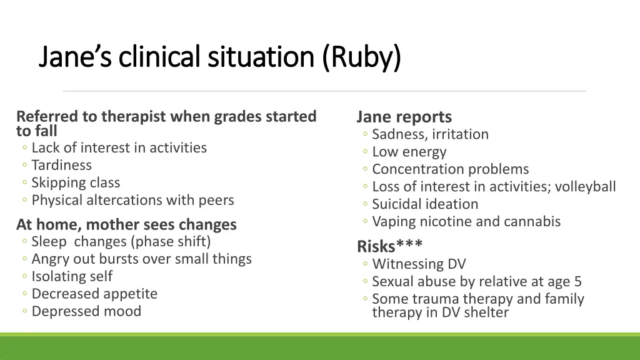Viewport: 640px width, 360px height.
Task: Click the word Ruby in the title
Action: click(363, 57)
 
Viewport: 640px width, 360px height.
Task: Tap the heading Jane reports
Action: click(404, 117)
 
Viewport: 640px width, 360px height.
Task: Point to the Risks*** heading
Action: click(389, 246)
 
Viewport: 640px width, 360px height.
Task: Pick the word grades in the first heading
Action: click(235, 116)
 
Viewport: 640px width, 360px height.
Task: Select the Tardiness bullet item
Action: click(61, 166)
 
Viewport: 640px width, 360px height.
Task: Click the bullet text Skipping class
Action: click(76, 183)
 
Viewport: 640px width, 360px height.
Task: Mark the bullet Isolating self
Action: click(72, 277)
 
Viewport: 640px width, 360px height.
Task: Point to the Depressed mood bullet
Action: click(86, 312)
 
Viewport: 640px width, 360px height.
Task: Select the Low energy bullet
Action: click(409, 152)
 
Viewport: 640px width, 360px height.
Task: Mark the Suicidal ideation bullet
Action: click(425, 204)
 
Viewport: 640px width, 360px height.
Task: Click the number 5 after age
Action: click(577, 282)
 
